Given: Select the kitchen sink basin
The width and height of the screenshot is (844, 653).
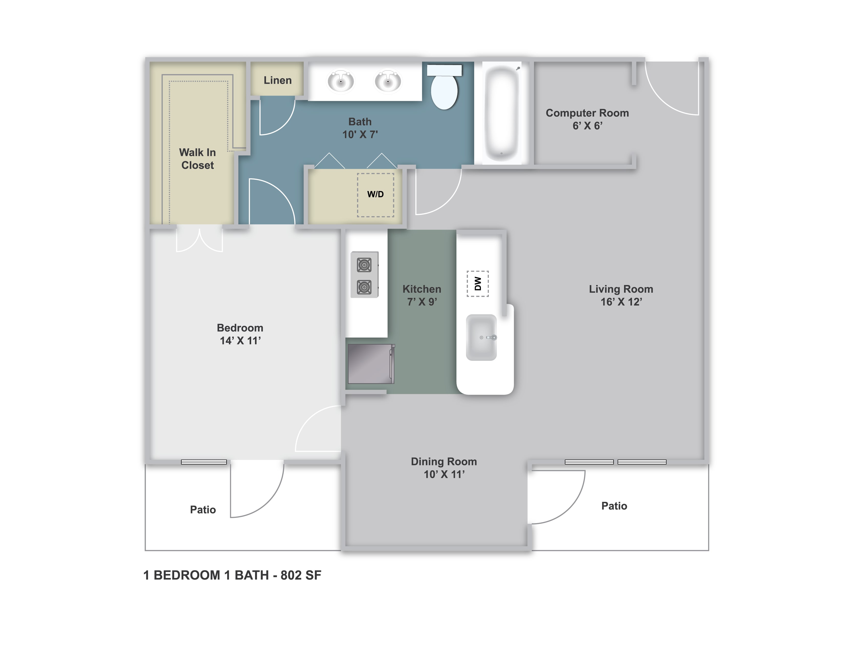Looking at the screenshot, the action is (481, 337).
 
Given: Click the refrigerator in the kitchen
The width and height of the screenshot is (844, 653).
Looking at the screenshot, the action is (371, 364).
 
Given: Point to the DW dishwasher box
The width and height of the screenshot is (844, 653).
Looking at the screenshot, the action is (478, 283).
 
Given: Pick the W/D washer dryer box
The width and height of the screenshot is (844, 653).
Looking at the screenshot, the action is (375, 195).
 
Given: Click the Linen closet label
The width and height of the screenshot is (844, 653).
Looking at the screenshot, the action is (277, 80).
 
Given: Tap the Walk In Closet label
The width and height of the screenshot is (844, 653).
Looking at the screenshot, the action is (197, 159).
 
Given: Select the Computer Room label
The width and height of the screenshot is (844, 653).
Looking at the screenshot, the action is (587, 113).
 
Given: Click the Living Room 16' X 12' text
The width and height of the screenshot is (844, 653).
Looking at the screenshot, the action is (621, 295).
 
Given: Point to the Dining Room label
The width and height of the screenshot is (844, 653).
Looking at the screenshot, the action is (444, 461).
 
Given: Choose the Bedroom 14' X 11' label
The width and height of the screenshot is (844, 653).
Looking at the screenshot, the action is (240, 334).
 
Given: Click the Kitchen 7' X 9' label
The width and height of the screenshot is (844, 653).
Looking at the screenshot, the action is (421, 295).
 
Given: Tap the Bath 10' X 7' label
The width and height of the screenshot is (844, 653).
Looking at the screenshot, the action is (360, 128).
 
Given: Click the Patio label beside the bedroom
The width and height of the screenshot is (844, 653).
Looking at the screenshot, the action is (203, 510).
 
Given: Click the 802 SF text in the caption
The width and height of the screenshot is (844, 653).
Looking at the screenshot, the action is (301, 575).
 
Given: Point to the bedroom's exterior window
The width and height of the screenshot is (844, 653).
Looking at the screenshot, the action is (204, 462).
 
